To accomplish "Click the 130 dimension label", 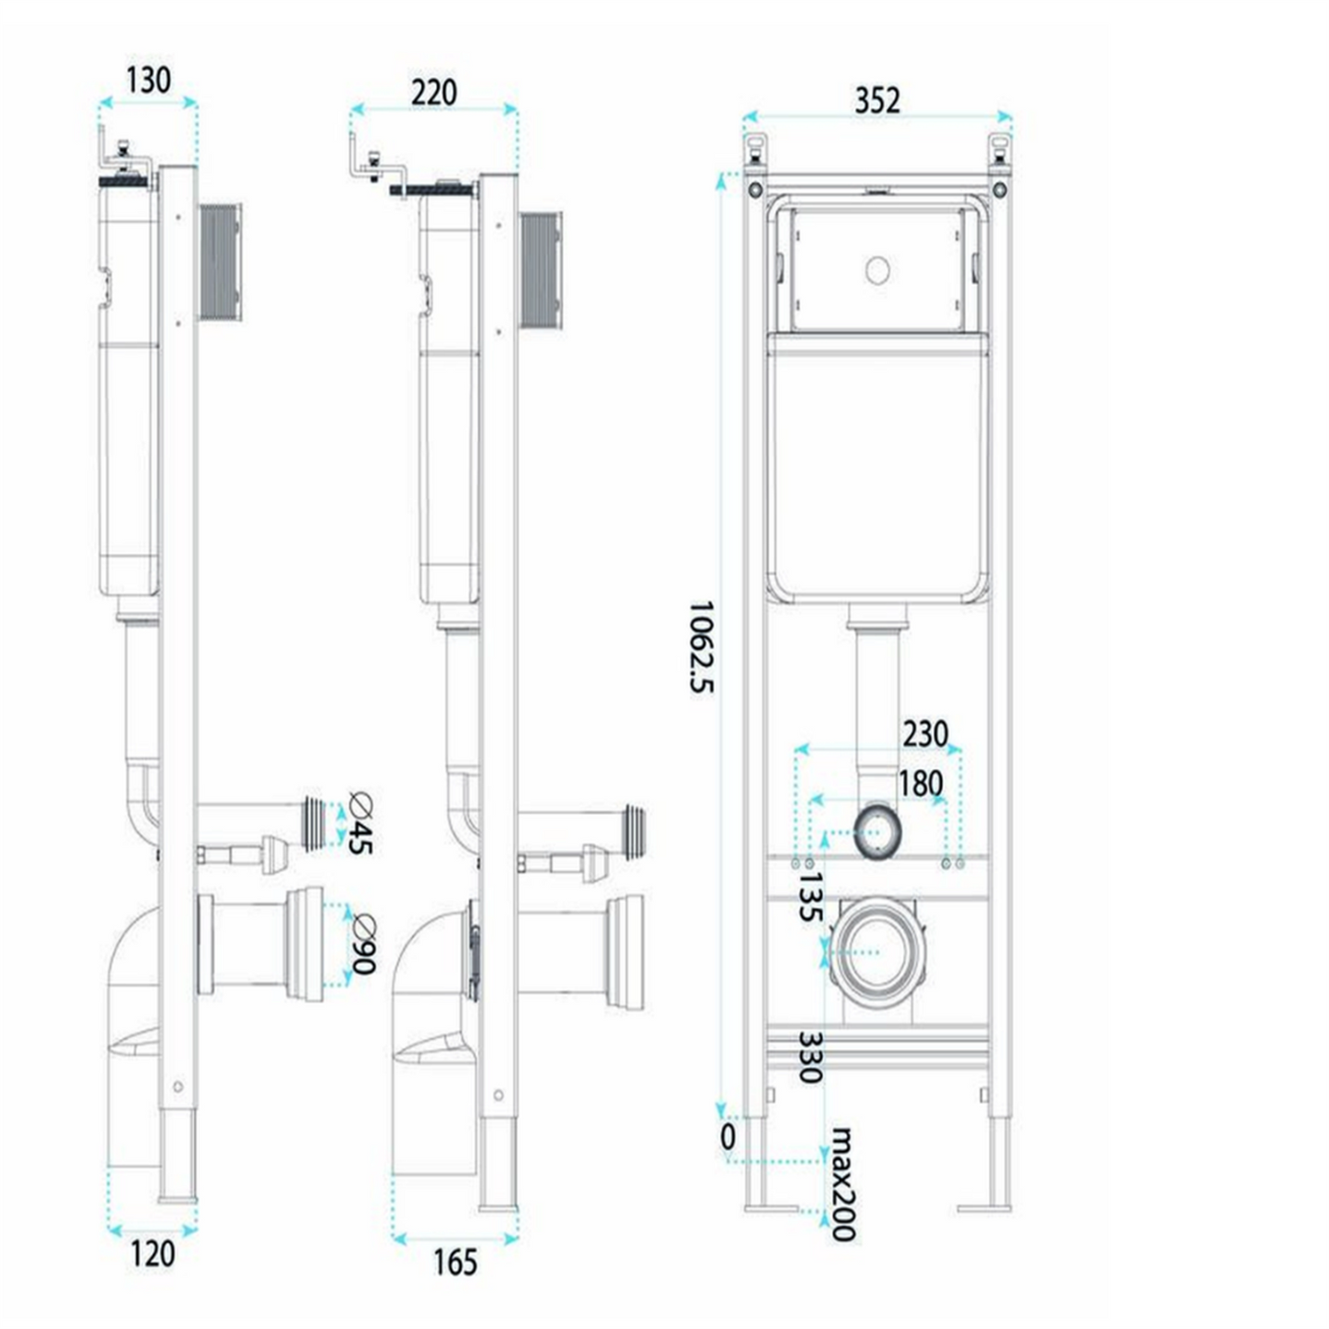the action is point(148,80).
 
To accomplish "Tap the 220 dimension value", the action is point(434,93).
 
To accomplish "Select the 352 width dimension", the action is point(877,100).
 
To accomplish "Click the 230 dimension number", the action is point(925,734).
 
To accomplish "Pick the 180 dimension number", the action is point(920,784).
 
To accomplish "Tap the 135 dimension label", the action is point(809,897).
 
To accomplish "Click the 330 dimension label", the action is point(809,1057).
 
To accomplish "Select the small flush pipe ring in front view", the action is point(877,832).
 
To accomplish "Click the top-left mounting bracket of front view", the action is point(755,150).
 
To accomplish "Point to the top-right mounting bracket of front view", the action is point(1000,150).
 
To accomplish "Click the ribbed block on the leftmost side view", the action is point(221,262).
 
